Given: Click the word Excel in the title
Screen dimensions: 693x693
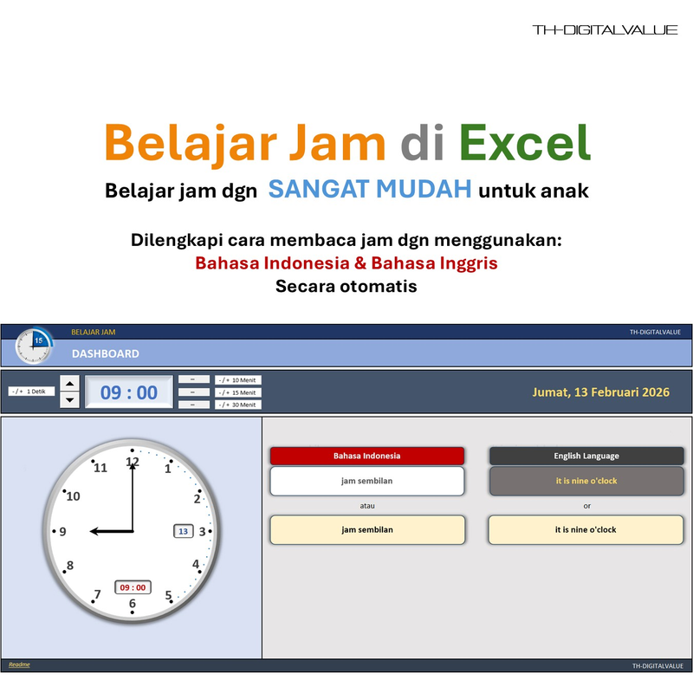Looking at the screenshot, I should [525, 143].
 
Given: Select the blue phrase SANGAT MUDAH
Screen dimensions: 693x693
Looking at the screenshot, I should [370, 189].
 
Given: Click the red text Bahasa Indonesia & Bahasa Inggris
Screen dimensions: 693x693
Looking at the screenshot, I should [346, 262].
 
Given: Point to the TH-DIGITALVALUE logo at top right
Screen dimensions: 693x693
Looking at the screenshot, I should [605, 30].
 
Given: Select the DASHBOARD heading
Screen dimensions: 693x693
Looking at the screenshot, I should [105, 353].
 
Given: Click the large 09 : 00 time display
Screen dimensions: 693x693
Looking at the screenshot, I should [129, 392].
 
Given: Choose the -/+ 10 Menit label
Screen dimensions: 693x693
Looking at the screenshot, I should [238, 380].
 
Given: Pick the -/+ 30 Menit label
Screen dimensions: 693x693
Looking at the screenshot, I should [238, 405].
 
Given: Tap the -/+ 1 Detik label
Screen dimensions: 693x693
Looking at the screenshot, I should [32, 392].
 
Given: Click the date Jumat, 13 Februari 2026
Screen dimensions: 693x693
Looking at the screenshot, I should [600, 392].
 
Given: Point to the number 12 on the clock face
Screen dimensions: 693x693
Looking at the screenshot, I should [132, 463].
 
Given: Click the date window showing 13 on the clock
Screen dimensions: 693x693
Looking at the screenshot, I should [184, 531].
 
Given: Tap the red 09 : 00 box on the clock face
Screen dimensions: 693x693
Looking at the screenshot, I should [133, 587].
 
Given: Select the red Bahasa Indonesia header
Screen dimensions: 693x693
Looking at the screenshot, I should [367, 456].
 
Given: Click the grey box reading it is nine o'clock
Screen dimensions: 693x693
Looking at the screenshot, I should [586, 481].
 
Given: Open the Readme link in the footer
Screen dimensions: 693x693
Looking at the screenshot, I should [19, 664].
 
